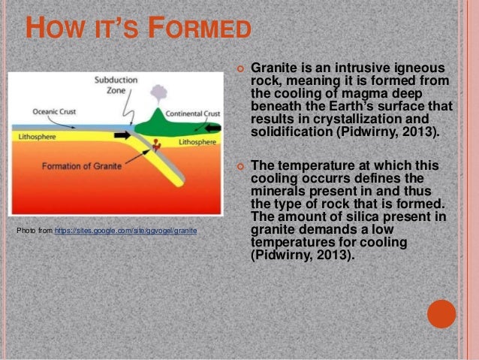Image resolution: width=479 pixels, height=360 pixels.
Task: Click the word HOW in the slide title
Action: pos(53,30)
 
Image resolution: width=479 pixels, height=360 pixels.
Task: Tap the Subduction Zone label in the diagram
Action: pos(116,85)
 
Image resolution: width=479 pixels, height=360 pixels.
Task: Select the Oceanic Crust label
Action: pos(53,113)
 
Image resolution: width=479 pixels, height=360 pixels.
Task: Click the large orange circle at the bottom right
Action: pos(441,314)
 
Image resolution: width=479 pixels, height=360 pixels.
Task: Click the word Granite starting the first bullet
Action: pos(272,68)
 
